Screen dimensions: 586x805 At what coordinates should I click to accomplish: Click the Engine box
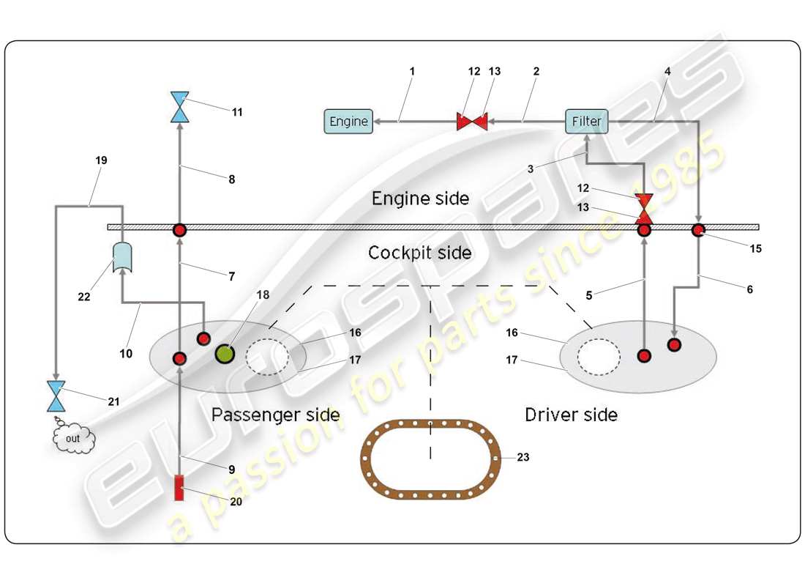(x=348, y=122)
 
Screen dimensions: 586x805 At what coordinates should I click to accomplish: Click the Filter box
(x=587, y=121)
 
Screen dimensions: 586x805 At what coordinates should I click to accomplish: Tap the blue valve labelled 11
(x=179, y=107)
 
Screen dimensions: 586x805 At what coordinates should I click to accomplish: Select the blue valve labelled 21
(x=56, y=396)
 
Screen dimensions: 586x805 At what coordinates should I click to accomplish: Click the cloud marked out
(x=74, y=439)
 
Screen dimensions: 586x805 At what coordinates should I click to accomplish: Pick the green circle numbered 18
(x=225, y=355)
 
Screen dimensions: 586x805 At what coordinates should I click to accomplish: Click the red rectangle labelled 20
(x=179, y=488)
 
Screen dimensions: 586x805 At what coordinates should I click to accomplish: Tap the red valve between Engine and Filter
(x=472, y=121)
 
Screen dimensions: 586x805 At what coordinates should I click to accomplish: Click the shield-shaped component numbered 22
(x=122, y=258)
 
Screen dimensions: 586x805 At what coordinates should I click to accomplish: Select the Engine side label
(x=420, y=199)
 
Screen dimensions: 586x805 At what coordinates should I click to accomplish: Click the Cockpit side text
(x=419, y=253)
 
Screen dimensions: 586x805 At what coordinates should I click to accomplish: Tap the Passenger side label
(x=275, y=415)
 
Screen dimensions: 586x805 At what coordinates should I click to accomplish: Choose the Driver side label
(x=571, y=415)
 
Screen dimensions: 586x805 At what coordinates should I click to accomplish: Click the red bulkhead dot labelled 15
(x=698, y=231)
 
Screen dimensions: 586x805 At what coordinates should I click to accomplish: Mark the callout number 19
(x=101, y=160)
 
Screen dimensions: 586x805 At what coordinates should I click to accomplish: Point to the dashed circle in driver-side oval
(x=599, y=357)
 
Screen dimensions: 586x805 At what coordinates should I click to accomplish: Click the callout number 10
(x=126, y=354)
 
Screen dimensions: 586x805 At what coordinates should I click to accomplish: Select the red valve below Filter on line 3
(x=645, y=208)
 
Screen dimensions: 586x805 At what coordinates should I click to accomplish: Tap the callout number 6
(x=749, y=289)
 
